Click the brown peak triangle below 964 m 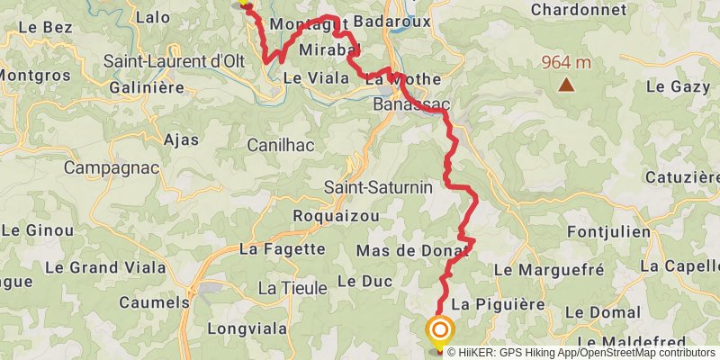point(566,85)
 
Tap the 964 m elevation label point(566,63)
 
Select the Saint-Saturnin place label point(379,188)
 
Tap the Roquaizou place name point(336,216)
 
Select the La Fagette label point(283,249)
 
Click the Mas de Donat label point(414,249)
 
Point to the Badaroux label point(392,21)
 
